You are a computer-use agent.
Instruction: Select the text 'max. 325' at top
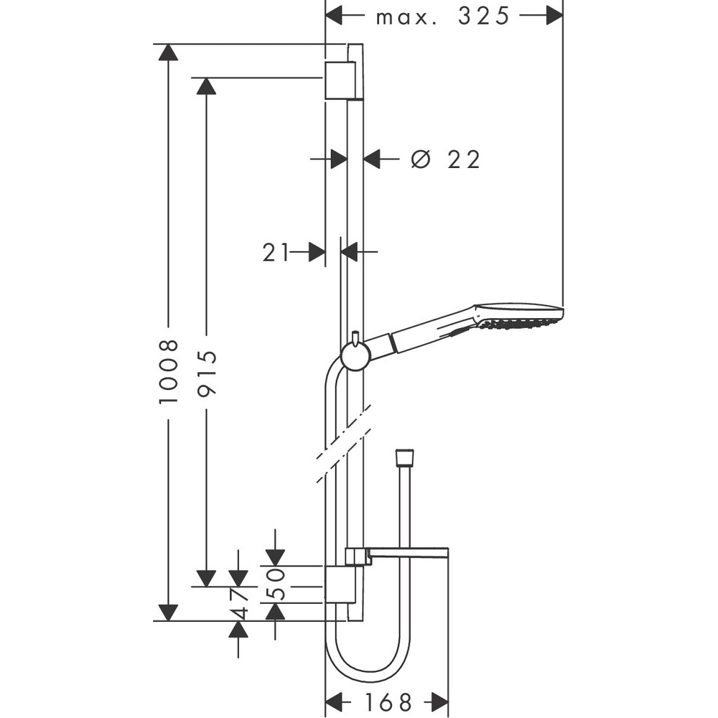443,16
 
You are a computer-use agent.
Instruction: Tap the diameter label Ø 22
445,159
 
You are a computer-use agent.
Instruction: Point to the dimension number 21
276,252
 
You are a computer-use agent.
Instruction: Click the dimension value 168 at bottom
388,701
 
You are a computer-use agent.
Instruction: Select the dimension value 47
240,603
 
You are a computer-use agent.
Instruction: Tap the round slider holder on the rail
355,355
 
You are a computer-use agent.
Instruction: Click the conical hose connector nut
406,458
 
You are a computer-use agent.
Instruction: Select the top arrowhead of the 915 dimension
207,85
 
